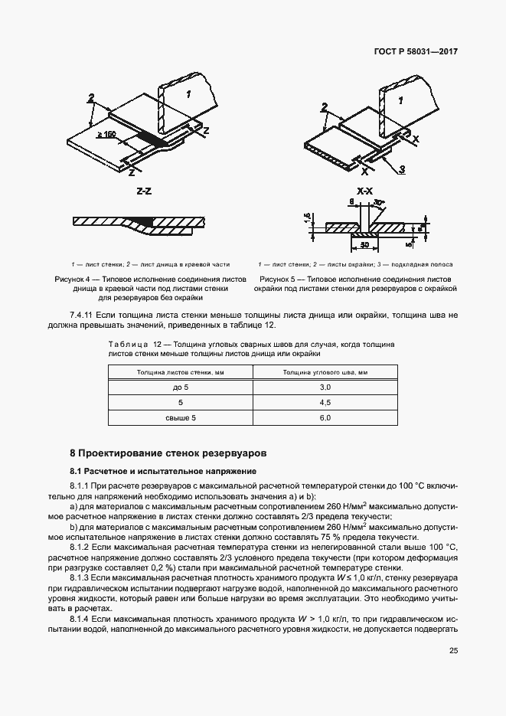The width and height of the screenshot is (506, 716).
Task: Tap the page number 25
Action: click(x=453, y=651)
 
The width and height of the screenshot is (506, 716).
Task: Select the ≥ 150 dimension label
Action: click(x=128, y=136)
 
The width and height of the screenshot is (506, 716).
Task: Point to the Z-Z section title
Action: click(x=144, y=191)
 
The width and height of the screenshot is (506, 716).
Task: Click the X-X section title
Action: click(x=364, y=191)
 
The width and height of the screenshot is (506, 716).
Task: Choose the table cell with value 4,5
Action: click(x=324, y=402)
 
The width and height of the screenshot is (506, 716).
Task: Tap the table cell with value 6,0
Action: click(x=324, y=417)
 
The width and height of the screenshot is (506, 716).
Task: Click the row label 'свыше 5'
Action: click(x=181, y=417)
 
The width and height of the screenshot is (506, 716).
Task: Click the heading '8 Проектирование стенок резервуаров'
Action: click(x=168, y=453)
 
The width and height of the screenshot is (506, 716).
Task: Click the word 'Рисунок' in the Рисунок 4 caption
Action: click(x=68, y=280)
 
